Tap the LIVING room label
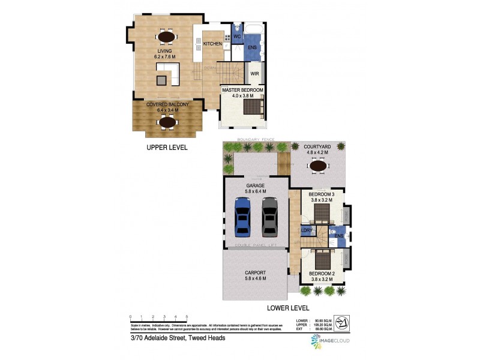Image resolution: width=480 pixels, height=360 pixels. pos(165,52)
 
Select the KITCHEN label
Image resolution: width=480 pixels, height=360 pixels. pos(212,44)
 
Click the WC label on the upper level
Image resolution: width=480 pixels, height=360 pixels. pos(237,36)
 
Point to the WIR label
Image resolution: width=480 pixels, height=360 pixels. pos(254,75)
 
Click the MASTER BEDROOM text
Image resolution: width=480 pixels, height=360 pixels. pos(242,90)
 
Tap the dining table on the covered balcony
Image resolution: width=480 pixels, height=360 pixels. pos(166,122)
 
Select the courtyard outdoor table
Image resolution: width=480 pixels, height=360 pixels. pos(317,165)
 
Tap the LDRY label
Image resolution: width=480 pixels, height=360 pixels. pos(307,230)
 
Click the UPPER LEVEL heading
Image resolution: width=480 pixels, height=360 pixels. pos(168,146)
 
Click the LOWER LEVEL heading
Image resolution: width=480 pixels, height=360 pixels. pos(288,308)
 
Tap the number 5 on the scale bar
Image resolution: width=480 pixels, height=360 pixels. pos(187,316)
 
